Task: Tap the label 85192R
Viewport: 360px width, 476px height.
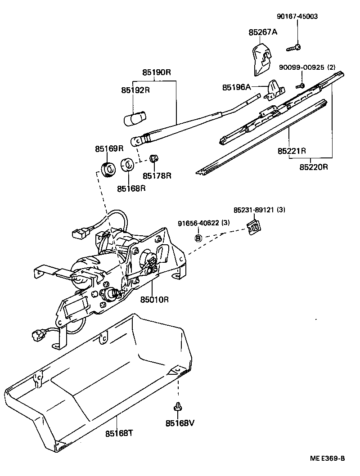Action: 135,90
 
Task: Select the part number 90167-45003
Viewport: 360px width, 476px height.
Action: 297,16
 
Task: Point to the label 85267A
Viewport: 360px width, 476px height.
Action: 263,32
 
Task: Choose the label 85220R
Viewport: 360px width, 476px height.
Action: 314,167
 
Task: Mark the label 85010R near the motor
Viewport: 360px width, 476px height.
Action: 154,299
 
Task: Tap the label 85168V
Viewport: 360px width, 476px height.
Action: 180,423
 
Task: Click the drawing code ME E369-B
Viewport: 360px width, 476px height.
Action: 327,458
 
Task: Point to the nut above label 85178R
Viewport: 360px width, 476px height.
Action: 153,158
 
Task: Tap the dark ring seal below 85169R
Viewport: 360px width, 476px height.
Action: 107,170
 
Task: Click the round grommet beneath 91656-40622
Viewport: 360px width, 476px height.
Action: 198,238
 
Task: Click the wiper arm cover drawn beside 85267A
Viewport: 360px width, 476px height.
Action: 261,58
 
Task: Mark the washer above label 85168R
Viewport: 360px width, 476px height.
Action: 128,165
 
